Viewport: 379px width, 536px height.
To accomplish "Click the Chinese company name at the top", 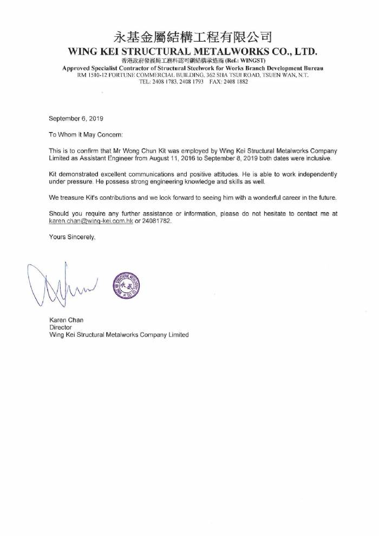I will (192, 37).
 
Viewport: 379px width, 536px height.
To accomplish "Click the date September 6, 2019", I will (76, 118).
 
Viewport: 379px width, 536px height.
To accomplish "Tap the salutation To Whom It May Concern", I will (86, 134).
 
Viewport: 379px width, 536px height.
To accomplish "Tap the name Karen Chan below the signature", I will (66, 320).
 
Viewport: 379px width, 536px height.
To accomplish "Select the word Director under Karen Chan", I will (60, 328).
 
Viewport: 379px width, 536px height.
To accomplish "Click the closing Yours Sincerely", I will (72, 237).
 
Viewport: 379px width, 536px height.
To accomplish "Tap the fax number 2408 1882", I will (234, 81).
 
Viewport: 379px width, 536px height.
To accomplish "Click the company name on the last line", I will (119, 335).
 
